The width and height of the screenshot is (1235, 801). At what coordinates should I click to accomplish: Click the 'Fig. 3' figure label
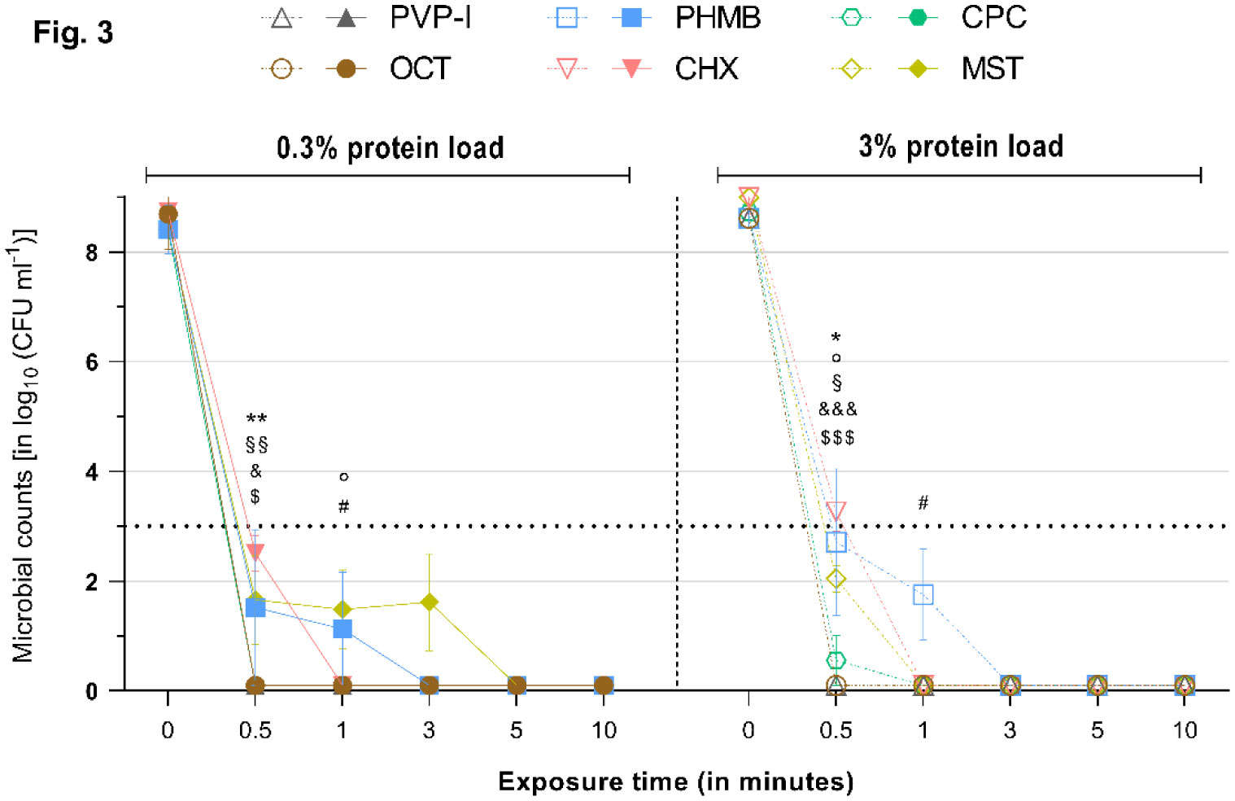click(x=73, y=33)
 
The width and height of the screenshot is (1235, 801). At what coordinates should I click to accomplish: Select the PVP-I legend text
click(x=430, y=18)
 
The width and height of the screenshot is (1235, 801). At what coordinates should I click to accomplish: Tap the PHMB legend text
click(x=718, y=18)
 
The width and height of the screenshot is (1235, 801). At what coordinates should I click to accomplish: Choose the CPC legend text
click(x=993, y=18)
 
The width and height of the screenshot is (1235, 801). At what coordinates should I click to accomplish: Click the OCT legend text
click(x=420, y=68)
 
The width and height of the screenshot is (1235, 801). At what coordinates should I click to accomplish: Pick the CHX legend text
click(x=706, y=68)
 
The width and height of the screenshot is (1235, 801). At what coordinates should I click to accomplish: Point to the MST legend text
click(x=992, y=68)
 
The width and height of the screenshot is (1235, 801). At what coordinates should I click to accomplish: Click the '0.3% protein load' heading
click(x=390, y=148)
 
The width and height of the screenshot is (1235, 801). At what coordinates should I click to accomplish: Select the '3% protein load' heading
click(x=961, y=147)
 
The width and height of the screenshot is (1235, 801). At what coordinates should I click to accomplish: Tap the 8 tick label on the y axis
click(x=91, y=252)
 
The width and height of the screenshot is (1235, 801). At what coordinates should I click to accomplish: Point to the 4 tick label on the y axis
click(x=91, y=472)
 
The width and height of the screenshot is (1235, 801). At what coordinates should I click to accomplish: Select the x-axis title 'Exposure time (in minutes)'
click(x=676, y=781)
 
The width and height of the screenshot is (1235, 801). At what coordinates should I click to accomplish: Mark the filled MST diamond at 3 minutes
click(x=430, y=602)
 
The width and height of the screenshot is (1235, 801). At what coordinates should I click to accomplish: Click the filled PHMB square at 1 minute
click(x=343, y=629)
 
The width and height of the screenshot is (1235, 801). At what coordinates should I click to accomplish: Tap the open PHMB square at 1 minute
click(x=923, y=595)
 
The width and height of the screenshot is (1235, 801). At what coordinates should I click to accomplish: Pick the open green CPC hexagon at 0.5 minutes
click(x=836, y=660)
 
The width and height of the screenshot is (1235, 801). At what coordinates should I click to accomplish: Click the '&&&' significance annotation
click(x=837, y=409)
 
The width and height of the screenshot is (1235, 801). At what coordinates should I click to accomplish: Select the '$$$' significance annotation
click(x=837, y=438)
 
